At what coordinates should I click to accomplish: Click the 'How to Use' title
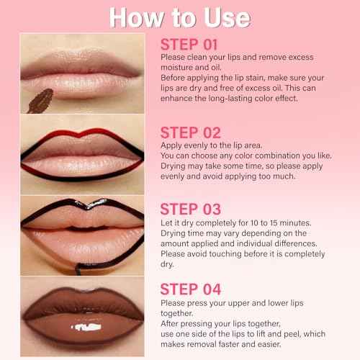coord(179,16)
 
